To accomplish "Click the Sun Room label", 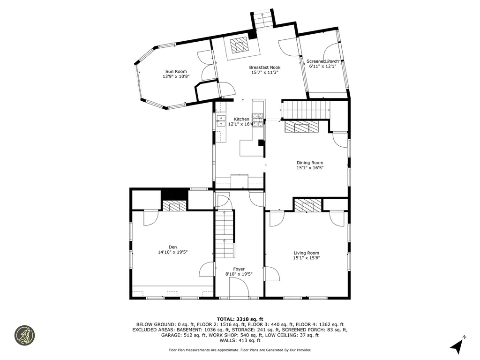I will (x=176, y=72).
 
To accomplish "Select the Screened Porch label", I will (x=322, y=61).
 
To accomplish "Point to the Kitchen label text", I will (x=242, y=119).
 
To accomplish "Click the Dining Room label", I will (x=310, y=163).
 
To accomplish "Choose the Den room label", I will (x=173, y=247).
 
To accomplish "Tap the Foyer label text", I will (x=239, y=269).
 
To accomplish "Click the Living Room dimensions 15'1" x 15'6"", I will (x=306, y=258).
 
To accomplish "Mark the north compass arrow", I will (x=457, y=346).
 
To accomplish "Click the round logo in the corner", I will (x=24, y=335).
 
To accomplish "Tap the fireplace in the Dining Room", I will (x=300, y=127).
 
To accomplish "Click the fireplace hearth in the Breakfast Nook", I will (x=240, y=46).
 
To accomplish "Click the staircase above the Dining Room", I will (x=305, y=110).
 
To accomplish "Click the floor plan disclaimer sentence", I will (x=240, y=350).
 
